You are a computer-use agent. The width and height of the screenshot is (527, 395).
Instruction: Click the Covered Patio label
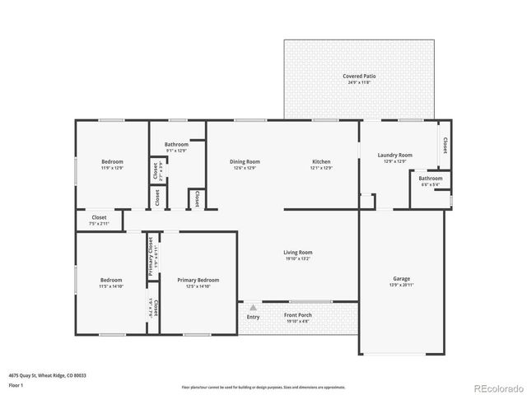pyautogui.click(x=359, y=76)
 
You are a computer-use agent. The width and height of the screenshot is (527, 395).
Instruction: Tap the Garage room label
pyautogui.click(x=401, y=279)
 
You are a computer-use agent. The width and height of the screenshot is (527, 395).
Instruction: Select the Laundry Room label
pyautogui.click(x=394, y=155)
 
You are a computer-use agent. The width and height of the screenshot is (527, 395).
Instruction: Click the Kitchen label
pyautogui.click(x=321, y=161)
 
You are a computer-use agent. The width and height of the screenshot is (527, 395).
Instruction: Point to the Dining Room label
pyautogui.click(x=245, y=161)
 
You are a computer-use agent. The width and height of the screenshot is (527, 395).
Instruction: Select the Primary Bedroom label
pyautogui.click(x=198, y=280)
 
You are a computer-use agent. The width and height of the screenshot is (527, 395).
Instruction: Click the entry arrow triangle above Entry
pyautogui.click(x=253, y=307)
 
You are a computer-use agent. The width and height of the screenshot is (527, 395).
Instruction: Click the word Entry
pyautogui.click(x=253, y=317)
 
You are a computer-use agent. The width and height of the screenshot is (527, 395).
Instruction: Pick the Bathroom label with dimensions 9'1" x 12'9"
pyautogui.click(x=176, y=144)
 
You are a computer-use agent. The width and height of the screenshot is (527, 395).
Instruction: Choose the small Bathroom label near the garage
pyautogui.click(x=430, y=178)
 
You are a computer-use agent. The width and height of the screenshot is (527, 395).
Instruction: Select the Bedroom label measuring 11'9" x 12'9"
pyautogui.click(x=112, y=161)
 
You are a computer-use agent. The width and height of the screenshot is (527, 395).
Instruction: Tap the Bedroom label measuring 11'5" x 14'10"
pyautogui.click(x=111, y=280)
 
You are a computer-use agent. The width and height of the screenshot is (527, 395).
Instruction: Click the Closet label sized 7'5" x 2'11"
pyautogui.click(x=99, y=218)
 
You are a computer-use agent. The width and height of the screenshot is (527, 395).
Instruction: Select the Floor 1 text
pyautogui.click(x=16, y=385)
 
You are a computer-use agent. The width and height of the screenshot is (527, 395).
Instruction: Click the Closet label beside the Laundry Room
pyautogui.click(x=445, y=145)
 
